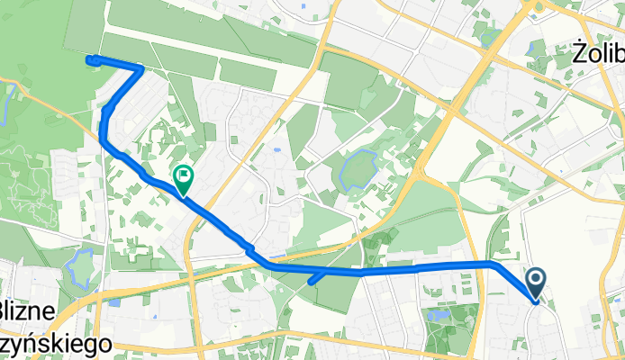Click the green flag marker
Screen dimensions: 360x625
tap(183, 178)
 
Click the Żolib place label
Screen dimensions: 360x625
tap(598, 54)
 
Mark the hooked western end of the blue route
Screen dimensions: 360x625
tap(90, 60)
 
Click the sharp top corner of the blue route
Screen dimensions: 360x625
tap(141, 67)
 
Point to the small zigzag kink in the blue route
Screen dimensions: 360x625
tap(249, 249)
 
